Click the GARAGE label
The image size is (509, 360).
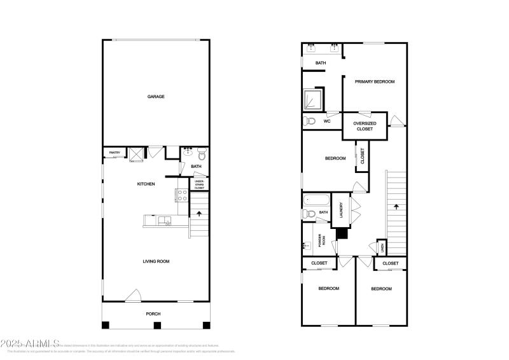point(156,97)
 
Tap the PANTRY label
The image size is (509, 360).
point(115,153)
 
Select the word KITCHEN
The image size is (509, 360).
point(146,184)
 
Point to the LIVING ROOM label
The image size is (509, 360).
point(155,261)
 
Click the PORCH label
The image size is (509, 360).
point(153,314)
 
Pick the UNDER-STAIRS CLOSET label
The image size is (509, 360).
point(200,184)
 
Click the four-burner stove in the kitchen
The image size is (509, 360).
point(181,195)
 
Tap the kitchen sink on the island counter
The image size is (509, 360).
point(167,221)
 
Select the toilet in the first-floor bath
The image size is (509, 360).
point(202,154)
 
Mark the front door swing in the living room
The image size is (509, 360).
point(134,295)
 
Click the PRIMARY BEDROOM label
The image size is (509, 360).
point(375,81)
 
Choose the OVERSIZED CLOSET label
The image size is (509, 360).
point(365,125)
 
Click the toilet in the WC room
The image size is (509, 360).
point(310,121)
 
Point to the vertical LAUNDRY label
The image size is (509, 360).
point(341,210)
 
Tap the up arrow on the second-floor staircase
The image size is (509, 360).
point(396,207)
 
